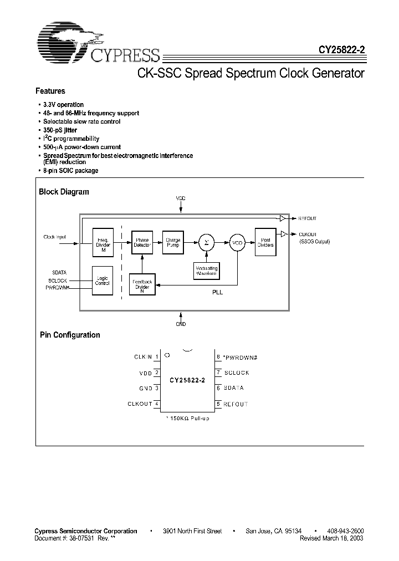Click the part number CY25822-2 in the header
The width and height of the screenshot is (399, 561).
pyautogui.click(x=341, y=49)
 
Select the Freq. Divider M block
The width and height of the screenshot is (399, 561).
pyautogui.click(x=103, y=243)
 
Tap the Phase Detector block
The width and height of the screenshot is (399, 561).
pyautogui.click(x=142, y=243)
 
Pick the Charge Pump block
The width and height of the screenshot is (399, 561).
pyautogui.click(x=173, y=243)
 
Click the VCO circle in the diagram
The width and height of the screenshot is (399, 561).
pyautogui.click(x=238, y=243)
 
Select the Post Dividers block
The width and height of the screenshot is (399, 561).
pyautogui.click(x=265, y=242)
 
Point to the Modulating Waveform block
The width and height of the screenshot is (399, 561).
pyautogui.click(x=207, y=271)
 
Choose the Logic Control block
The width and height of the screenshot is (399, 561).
pyautogui.click(x=103, y=280)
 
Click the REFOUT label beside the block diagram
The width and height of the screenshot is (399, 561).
pyautogui.click(x=308, y=218)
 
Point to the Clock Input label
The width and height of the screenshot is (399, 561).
pyautogui.click(x=54, y=237)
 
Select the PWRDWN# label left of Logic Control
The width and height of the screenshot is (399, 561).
pyautogui.click(x=57, y=287)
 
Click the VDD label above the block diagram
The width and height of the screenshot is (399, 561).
pyautogui.click(x=181, y=198)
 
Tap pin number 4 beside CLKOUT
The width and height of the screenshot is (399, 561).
pyautogui.click(x=157, y=404)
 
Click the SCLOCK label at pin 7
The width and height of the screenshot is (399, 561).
pyautogui.click(x=236, y=373)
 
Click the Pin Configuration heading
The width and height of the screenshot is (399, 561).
pyautogui.click(x=70, y=335)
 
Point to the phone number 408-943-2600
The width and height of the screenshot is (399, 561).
pyautogui.click(x=343, y=531)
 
